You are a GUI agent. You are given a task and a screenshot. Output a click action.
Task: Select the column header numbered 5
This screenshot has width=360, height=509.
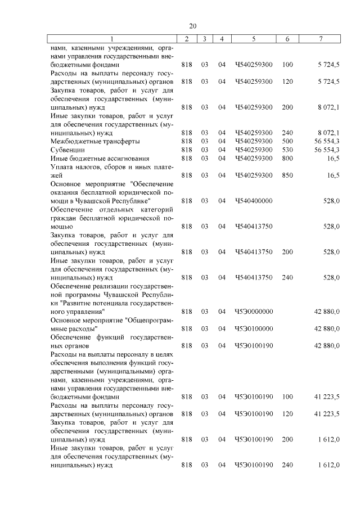254,39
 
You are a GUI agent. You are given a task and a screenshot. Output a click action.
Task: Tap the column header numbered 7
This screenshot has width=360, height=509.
320,39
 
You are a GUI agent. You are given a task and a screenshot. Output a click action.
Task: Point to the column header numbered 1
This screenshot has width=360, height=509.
111,39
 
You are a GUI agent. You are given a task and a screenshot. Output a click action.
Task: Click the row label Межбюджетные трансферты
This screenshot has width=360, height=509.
95,141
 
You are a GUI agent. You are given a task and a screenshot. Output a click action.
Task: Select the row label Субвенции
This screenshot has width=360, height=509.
67,150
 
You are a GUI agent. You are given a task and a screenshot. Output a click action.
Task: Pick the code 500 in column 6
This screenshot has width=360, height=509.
287,141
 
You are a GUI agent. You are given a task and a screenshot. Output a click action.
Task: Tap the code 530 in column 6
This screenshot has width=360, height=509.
287,150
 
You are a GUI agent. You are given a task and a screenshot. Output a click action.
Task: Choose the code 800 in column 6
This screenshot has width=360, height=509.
287,159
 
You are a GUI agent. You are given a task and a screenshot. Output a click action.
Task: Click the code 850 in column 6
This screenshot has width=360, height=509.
287,175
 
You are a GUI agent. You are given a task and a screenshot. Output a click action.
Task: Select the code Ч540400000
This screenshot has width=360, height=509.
254,201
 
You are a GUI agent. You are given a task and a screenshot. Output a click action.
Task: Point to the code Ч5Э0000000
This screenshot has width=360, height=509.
254,311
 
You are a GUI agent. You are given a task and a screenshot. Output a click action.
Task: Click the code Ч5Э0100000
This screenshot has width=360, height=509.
254,328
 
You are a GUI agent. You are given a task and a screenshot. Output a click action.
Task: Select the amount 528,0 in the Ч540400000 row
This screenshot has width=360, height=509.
330,201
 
